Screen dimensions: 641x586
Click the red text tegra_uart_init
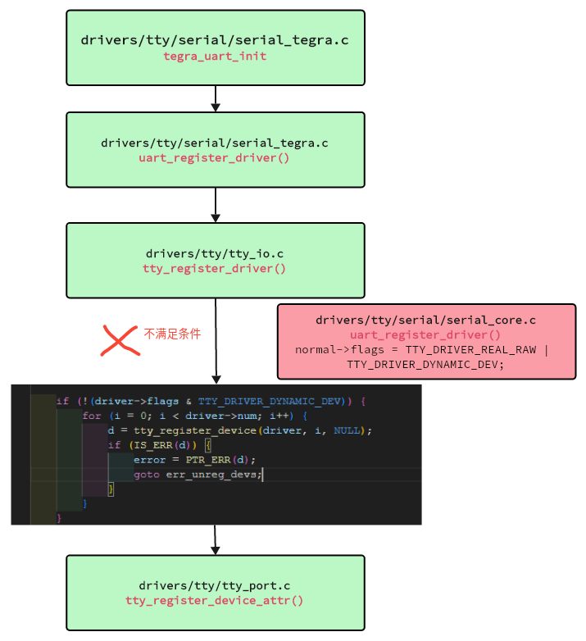point(215,56)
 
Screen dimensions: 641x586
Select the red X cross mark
point(119,339)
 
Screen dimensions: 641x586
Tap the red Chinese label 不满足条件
point(172,334)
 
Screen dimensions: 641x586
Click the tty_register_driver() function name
point(215,268)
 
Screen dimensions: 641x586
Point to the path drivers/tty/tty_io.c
point(215,253)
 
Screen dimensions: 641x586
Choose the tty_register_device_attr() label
point(215,600)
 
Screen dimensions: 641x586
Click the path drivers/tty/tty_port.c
point(215,585)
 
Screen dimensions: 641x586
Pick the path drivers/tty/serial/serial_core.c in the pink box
point(426,320)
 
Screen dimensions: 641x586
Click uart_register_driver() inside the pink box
point(426,334)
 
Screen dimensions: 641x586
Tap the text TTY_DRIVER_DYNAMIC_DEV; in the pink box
point(426,364)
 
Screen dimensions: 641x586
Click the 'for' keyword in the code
point(91,416)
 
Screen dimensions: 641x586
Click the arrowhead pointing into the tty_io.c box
point(216,217)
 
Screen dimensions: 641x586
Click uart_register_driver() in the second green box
point(215,157)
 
